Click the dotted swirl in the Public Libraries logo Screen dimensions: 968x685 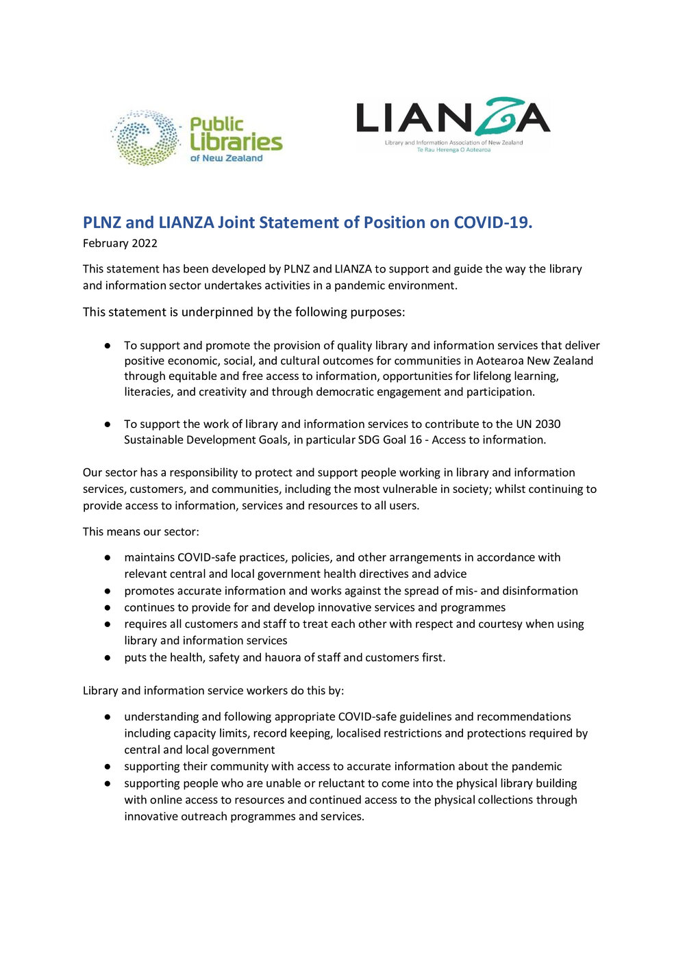(x=145, y=138)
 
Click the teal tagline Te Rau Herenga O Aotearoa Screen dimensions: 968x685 (x=453, y=150)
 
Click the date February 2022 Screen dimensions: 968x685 (x=120, y=243)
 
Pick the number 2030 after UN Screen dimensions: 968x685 (x=547, y=424)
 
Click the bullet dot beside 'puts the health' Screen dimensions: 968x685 (x=108, y=657)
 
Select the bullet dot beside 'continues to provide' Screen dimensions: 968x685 (x=108, y=607)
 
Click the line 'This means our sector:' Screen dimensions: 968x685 (x=141, y=531)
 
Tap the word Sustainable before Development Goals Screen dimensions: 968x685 (x=155, y=440)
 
